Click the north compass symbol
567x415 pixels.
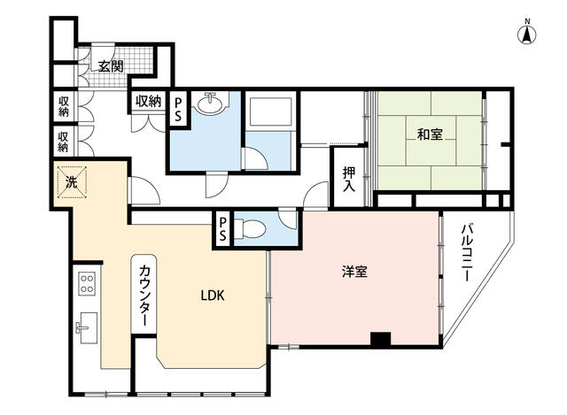[x=528, y=33]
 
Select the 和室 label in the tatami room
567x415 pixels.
[x=430, y=134]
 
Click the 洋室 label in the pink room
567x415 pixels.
[x=354, y=272]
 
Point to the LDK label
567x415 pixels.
[x=213, y=296]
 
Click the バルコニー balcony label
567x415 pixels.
[x=467, y=252]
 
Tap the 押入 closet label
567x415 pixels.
[x=349, y=180]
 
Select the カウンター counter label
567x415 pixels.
[x=144, y=296]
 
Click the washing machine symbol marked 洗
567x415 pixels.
[x=71, y=182]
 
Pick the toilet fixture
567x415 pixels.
[x=250, y=229]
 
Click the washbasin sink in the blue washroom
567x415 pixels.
[x=212, y=104]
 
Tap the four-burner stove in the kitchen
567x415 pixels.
[x=87, y=283]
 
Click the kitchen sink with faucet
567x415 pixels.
[x=87, y=328]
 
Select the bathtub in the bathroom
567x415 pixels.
[x=270, y=111]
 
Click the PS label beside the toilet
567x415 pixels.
[x=222, y=230]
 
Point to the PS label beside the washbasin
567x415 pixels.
[x=178, y=110]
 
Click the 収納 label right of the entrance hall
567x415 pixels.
[x=148, y=102]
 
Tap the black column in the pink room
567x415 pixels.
[x=381, y=340]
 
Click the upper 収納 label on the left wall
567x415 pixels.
[x=64, y=106]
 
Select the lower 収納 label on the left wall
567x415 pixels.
[x=63, y=142]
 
